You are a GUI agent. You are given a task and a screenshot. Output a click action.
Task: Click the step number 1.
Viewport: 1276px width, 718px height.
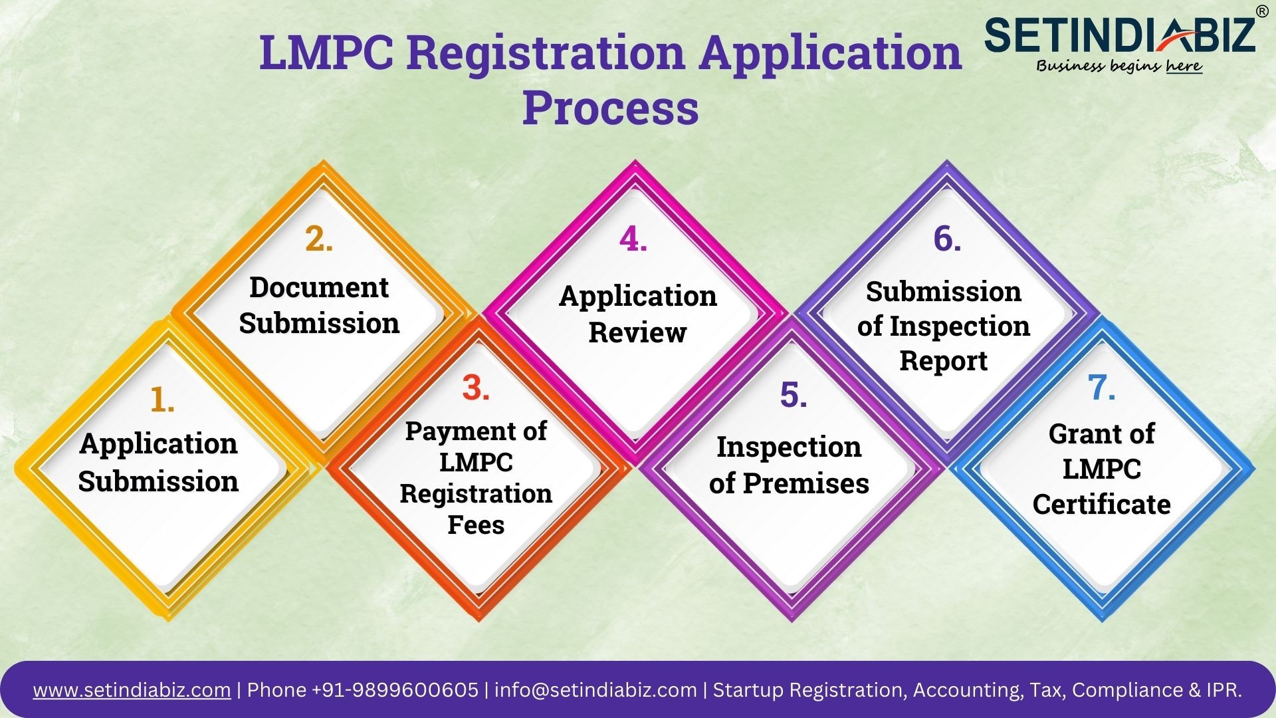pyautogui.click(x=162, y=400)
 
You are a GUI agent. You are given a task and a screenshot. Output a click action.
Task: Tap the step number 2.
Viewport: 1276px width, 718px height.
pyautogui.click(x=319, y=239)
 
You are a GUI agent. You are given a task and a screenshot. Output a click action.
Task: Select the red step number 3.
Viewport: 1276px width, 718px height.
pyautogui.click(x=476, y=388)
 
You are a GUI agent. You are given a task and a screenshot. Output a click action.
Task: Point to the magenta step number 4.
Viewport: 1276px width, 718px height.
pyautogui.click(x=633, y=239)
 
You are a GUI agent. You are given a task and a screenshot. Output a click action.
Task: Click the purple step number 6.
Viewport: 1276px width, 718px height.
pyautogui.click(x=947, y=239)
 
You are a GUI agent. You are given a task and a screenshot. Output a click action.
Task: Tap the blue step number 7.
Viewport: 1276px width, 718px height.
pyautogui.click(x=1101, y=388)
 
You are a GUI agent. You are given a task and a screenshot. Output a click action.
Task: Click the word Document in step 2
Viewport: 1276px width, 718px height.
pyautogui.click(x=319, y=287)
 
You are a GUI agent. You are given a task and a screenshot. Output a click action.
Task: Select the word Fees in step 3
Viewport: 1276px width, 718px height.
pyautogui.click(x=476, y=525)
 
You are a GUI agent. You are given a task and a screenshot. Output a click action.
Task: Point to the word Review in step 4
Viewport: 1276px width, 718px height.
pyautogui.click(x=637, y=332)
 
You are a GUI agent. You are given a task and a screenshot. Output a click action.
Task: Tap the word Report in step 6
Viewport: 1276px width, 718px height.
pyautogui.click(x=944, y=360)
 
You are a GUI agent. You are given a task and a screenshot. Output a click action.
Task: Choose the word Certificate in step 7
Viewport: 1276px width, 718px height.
pyautogui.click(x=1101, y=504)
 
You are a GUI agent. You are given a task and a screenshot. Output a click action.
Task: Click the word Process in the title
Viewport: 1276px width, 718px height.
pyautogui.click(x=610, y=108)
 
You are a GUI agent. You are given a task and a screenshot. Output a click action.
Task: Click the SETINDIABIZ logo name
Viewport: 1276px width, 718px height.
pyautogui.click(x=1120, y=35)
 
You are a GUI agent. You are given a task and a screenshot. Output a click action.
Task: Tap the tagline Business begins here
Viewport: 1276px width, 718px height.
pyautogui.click(x=1119, y=65)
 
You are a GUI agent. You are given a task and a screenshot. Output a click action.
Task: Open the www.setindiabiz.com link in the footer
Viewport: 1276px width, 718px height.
pyautogui.click(x=132, y=690)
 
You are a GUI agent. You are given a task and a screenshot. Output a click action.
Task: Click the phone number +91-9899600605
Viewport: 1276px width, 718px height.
pyautogui.click(x=396, y=689)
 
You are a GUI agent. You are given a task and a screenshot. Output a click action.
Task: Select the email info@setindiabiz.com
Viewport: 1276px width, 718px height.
pyautogui.click(x=595, y=690)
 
